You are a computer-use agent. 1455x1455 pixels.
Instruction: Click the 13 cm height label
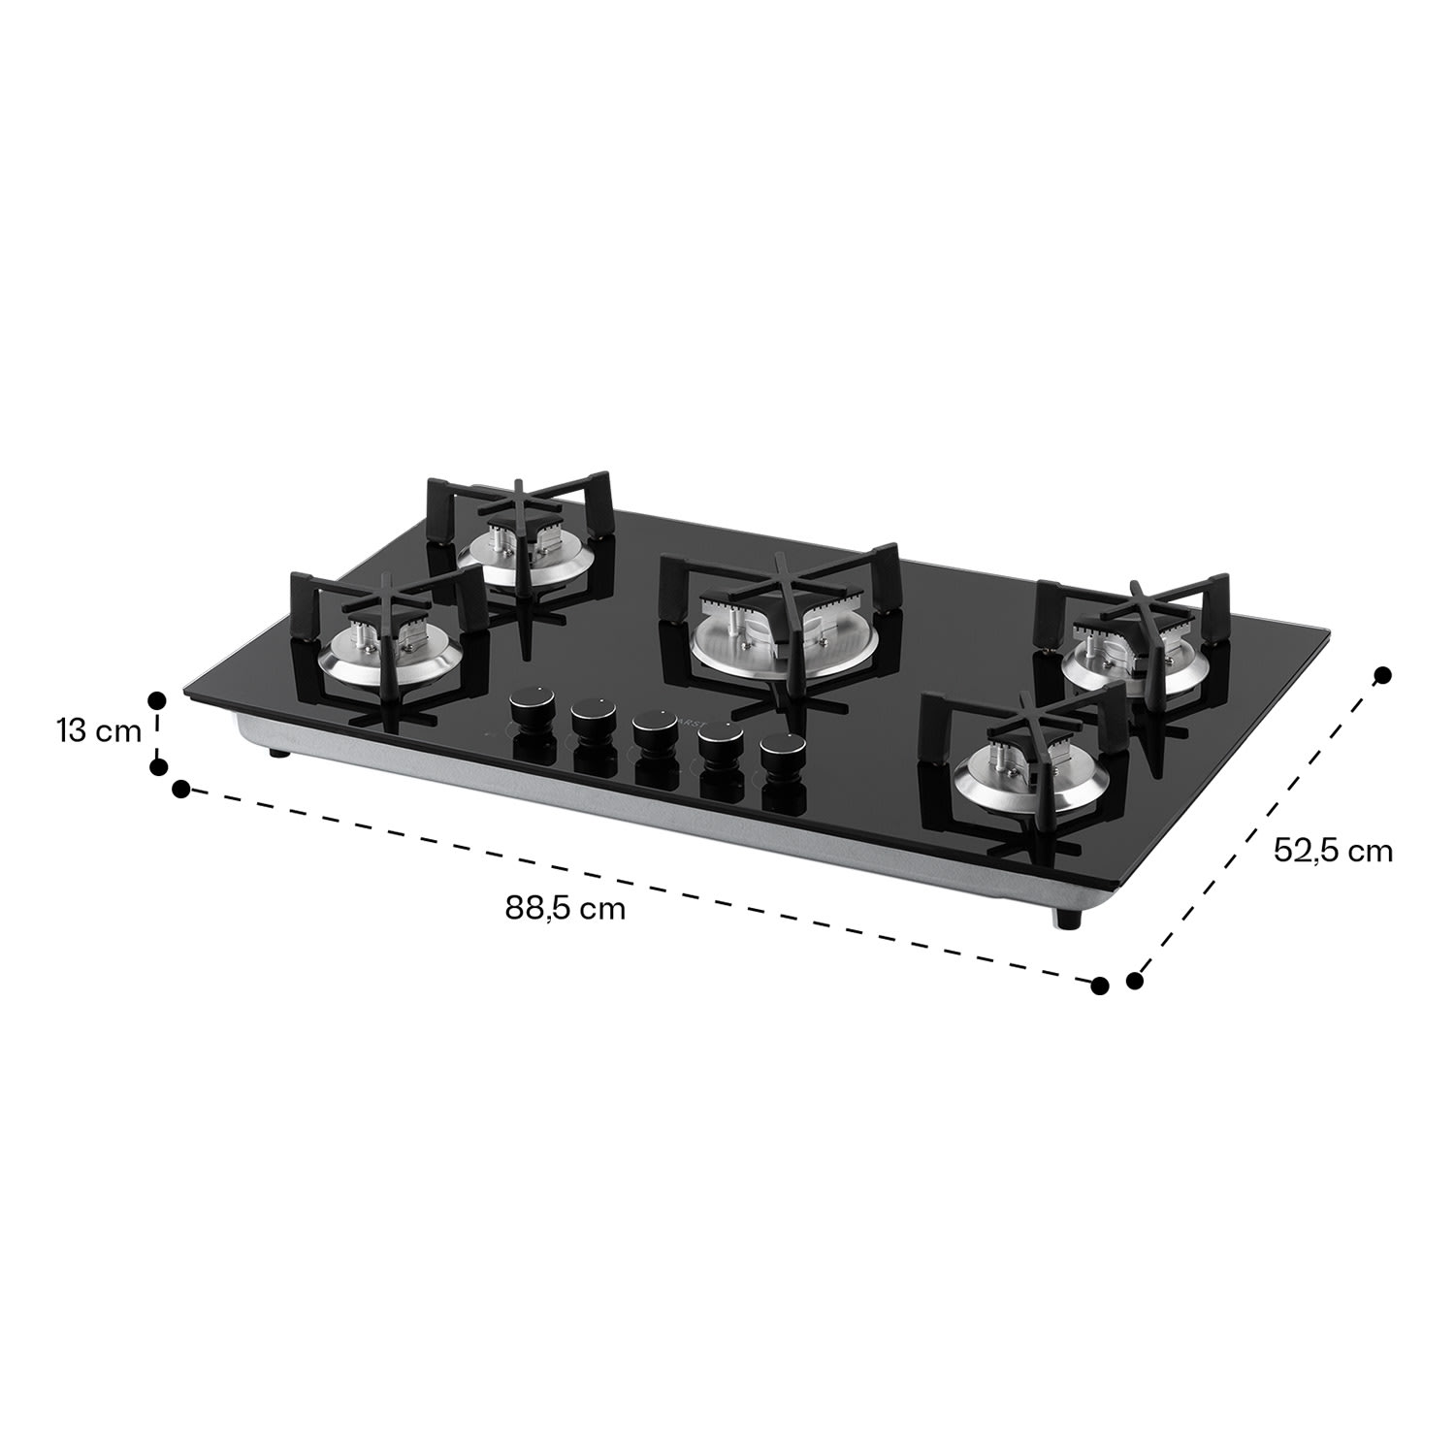click(x=99, y=730)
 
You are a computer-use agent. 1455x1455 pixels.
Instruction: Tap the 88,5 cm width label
click(x=565, y=909)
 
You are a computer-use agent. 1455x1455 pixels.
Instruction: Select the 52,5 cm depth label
click(x=1333, y=851)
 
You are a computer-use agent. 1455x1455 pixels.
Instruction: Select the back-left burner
click(x=524, y=556)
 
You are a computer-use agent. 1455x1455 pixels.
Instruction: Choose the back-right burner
click(x=1135, y=660)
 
